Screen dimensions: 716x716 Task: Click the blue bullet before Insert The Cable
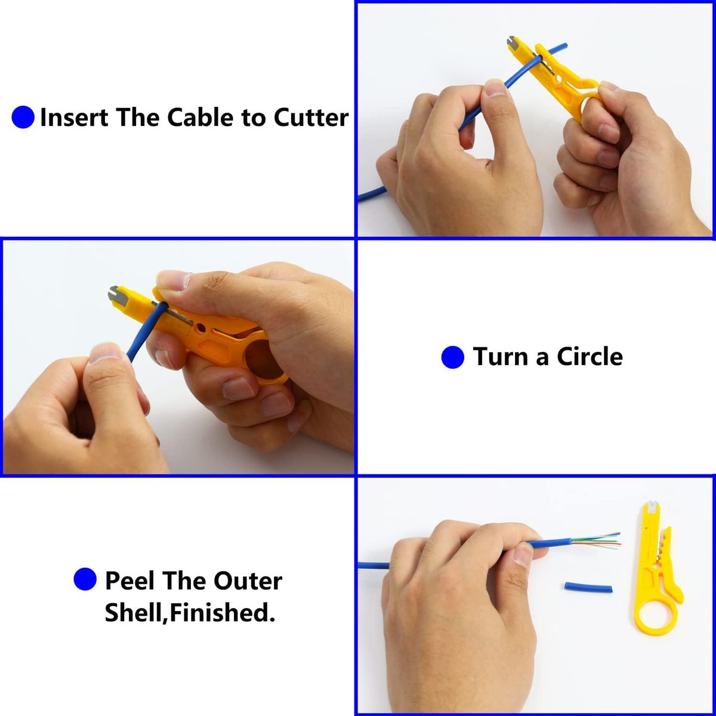[x=23, y=118]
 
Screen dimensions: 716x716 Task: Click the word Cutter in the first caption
[x=311, y=118]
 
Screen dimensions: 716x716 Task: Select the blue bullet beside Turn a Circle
[x=452, y=357]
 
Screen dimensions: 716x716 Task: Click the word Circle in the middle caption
[x=590, y=357]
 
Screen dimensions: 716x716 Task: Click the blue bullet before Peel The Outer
[x=85, y=579]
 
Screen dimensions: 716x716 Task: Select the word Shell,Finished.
[x=190, y=613]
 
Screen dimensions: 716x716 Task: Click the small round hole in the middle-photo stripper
[x=202, y=328]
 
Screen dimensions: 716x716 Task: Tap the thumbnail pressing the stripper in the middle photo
[x=174, y=280]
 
